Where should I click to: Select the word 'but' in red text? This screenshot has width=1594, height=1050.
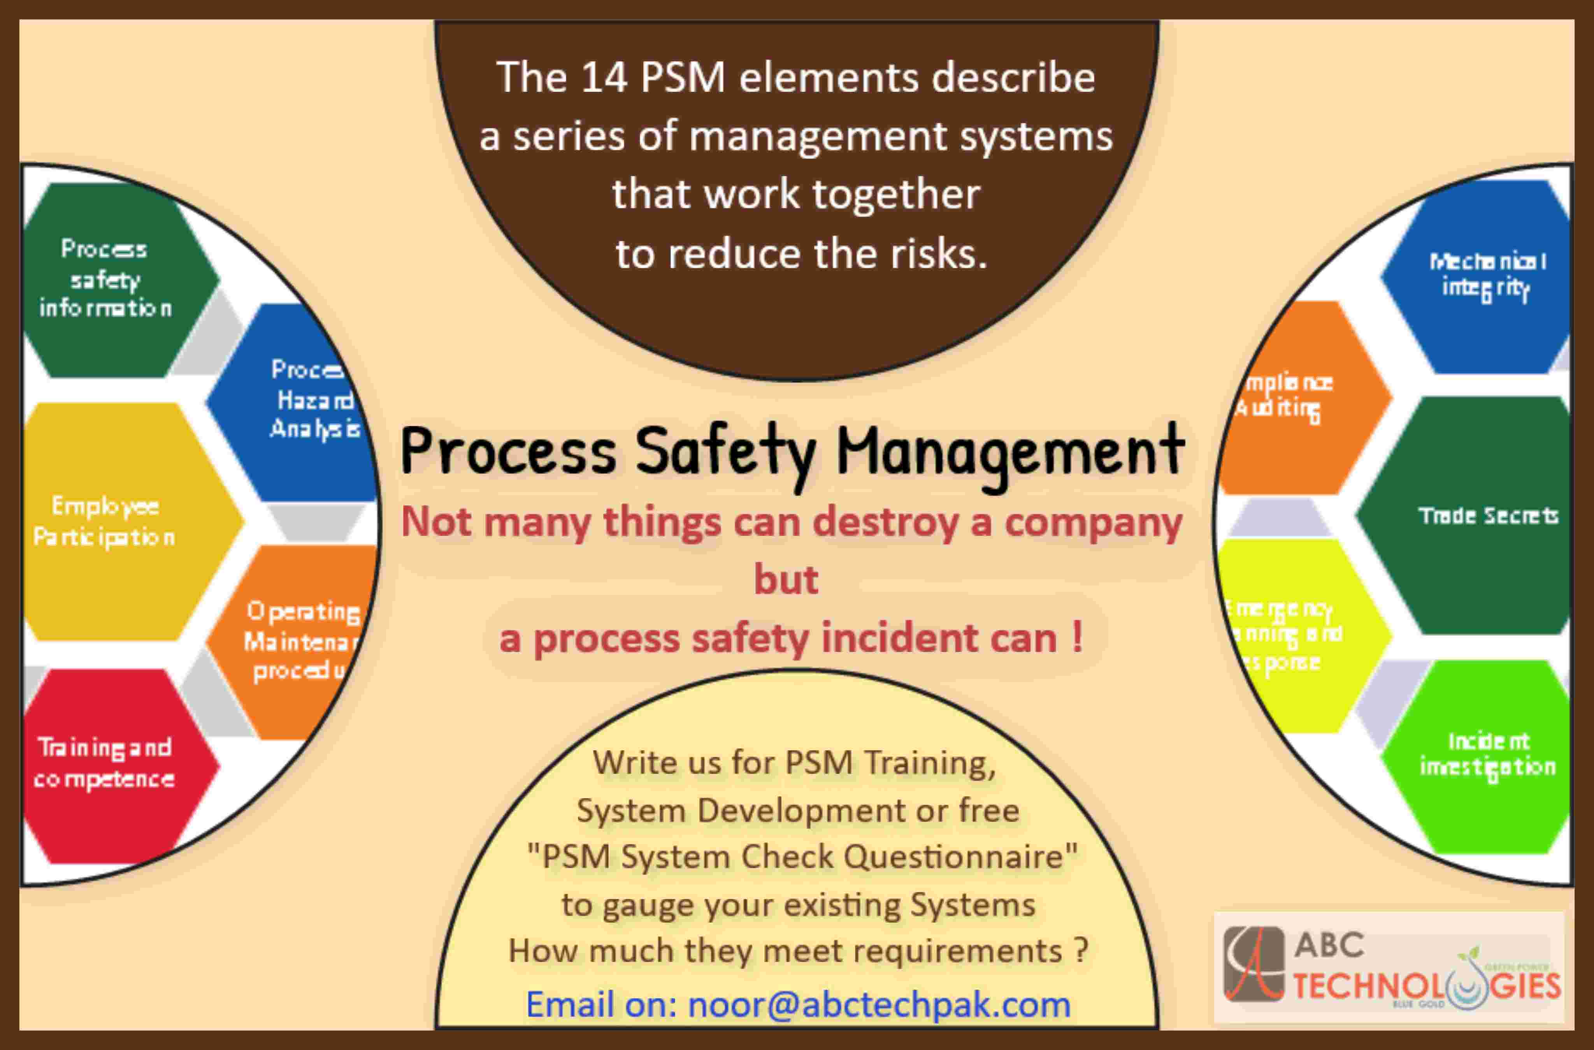786,580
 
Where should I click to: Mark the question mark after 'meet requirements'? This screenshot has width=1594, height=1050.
1080,951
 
